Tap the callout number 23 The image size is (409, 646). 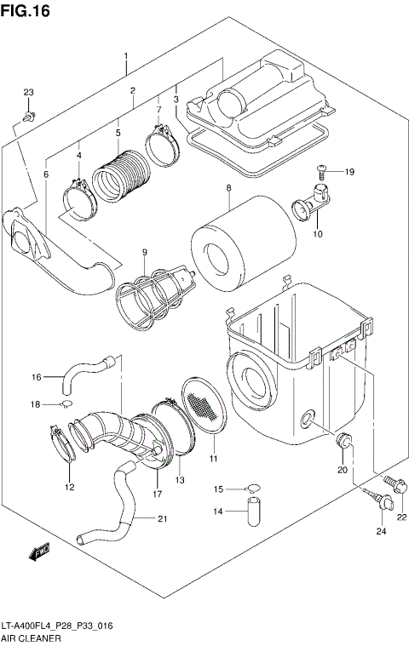27,92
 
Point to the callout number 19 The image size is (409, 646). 349,172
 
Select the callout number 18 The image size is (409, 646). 36,404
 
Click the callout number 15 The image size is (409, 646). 218,489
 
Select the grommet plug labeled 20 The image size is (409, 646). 344,442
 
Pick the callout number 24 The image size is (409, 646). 381,531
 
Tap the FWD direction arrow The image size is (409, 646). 39,553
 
